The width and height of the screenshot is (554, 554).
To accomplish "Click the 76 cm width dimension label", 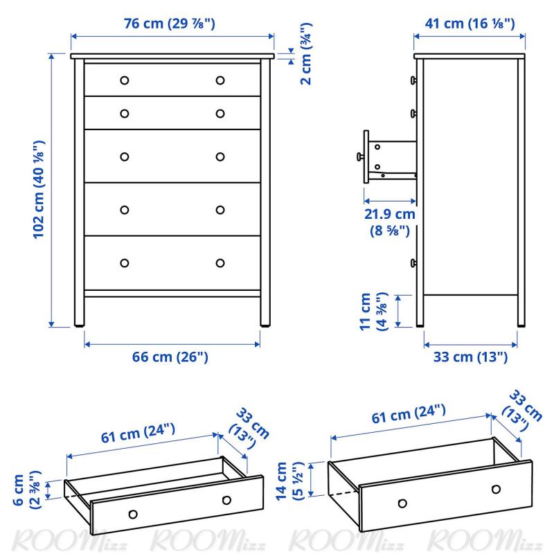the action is coord(169,24).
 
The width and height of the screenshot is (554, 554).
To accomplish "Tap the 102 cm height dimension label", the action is coord(39,190).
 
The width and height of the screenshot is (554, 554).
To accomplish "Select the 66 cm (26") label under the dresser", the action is coord(170,357).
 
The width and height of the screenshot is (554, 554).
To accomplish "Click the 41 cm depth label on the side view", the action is coord(470,24).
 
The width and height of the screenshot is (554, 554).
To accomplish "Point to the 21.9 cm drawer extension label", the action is coord(390,222).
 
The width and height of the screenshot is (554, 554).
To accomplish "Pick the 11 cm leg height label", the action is coord(373,311).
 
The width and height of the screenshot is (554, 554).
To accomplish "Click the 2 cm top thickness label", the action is coord(306,54).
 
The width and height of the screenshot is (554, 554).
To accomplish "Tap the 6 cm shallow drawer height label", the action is coord(27,490).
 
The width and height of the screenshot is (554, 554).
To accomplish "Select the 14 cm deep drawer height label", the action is coord(289,481).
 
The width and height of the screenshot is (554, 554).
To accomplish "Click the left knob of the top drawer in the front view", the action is coord(125,80).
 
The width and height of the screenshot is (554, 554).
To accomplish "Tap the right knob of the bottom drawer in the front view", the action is coord(220,263).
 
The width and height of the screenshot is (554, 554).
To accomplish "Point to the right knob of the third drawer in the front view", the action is coord(220,157).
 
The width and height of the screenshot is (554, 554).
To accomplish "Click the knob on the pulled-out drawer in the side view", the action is coord(360,156).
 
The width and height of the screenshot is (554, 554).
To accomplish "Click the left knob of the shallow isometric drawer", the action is coord(133,514).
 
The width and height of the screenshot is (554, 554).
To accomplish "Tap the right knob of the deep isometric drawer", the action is coord(496,490).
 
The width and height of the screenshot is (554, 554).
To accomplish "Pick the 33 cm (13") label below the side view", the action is coord(470,357).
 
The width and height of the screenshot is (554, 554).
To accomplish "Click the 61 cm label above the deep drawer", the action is coord(409,413).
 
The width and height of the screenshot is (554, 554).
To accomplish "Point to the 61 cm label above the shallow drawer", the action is coord(138,434).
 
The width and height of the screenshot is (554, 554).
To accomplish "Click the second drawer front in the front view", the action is coord(172,113).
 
